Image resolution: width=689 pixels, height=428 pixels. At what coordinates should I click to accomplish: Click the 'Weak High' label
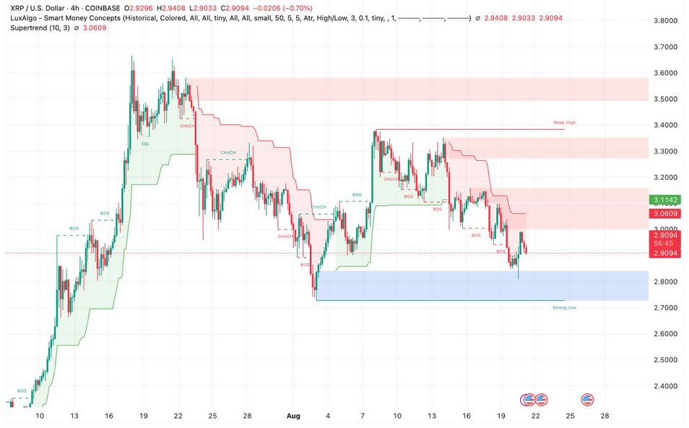click(564, 123)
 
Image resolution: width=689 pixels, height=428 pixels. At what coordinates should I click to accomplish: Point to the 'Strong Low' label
click(564, 307)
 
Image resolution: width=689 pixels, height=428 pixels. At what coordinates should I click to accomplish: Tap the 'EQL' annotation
click(145, 144)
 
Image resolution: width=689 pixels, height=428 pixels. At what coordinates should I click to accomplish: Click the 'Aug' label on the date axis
click(293, 416)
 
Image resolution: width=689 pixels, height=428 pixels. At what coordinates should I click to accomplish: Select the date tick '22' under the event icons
click(535, 416)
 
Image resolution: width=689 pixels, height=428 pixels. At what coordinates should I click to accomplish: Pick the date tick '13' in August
click(431, 416)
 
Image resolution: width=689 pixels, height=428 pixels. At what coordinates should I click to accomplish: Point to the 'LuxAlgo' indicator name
click(25, 17)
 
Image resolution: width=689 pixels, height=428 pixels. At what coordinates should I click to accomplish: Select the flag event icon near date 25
click(587, 399)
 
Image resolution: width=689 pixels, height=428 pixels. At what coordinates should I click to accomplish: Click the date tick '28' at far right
click(604, 416)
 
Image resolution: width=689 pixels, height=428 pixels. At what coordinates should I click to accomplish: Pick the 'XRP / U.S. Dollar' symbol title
click(40, 8)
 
